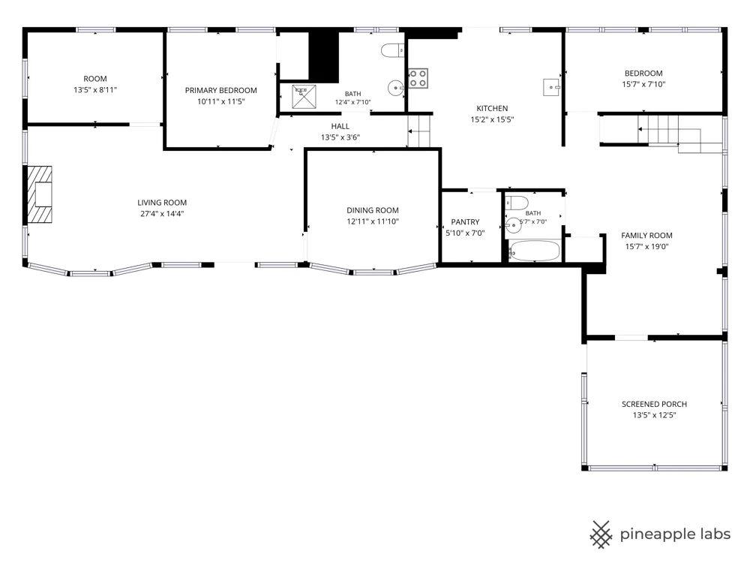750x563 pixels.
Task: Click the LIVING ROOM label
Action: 162,203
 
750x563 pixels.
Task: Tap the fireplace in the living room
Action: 39,194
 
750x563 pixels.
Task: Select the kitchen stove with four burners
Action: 418,79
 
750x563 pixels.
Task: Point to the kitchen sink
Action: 551,87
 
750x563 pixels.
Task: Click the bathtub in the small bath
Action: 534,251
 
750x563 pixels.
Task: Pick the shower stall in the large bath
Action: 304,97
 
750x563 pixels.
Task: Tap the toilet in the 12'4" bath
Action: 393,50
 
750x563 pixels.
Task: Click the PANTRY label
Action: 465,222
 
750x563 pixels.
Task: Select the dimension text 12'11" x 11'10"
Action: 373,221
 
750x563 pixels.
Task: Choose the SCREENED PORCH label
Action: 654,404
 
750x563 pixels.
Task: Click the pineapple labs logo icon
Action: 601,534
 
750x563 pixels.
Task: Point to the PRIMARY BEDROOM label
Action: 221,91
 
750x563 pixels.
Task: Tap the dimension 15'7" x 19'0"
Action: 646,246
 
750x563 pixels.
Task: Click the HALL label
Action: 340,126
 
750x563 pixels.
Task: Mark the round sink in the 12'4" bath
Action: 395,88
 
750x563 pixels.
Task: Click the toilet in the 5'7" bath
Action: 517,203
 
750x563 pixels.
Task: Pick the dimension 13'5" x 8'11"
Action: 95,89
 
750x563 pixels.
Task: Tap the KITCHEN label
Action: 492,109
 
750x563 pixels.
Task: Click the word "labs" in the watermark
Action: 713,534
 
